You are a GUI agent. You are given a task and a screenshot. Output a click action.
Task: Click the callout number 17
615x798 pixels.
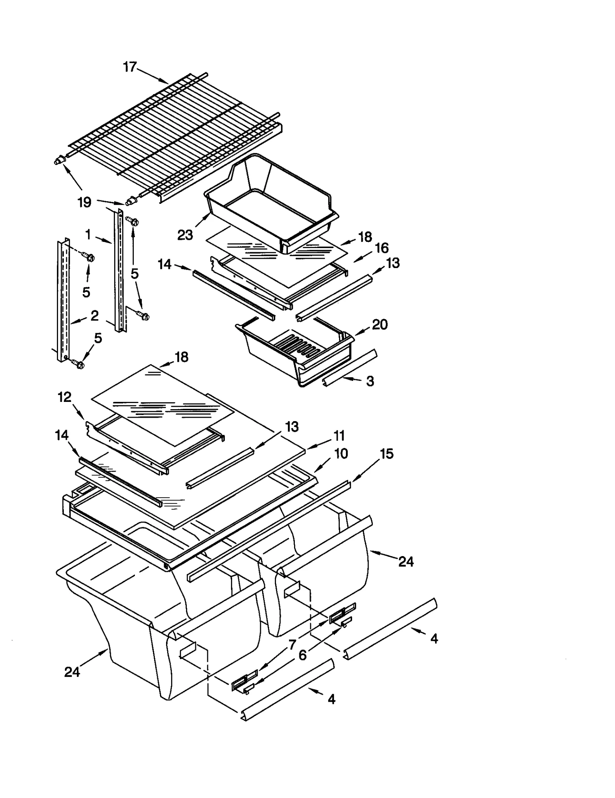click(130, 67)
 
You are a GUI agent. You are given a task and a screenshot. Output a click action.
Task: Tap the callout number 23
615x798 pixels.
click(185, 235)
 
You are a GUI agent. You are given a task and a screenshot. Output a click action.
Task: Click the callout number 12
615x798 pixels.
click(65, 397)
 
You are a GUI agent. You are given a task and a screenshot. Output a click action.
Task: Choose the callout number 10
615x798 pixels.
click(341, 453)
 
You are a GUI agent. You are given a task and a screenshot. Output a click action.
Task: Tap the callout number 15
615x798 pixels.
click(387, 454)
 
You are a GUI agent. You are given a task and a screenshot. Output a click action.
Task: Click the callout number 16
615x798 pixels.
click(382, 248)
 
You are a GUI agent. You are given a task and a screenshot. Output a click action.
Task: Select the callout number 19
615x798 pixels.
click(85, 202)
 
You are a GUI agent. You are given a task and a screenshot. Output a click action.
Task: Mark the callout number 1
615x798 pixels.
click(88, 234)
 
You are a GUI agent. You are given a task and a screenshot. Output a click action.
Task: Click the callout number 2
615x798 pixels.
click(95, 316)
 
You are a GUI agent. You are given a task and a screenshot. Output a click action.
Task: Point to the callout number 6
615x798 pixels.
click(303, 655)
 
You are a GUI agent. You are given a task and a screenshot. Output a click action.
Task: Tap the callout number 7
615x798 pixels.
click(293, 644)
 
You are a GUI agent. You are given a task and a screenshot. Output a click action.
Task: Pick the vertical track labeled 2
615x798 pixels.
click(63, 300)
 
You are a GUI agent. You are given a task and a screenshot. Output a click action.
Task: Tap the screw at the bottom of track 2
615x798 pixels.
click(79, 364)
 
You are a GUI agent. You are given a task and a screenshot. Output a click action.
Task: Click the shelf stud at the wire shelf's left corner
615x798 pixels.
click(59, 161)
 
